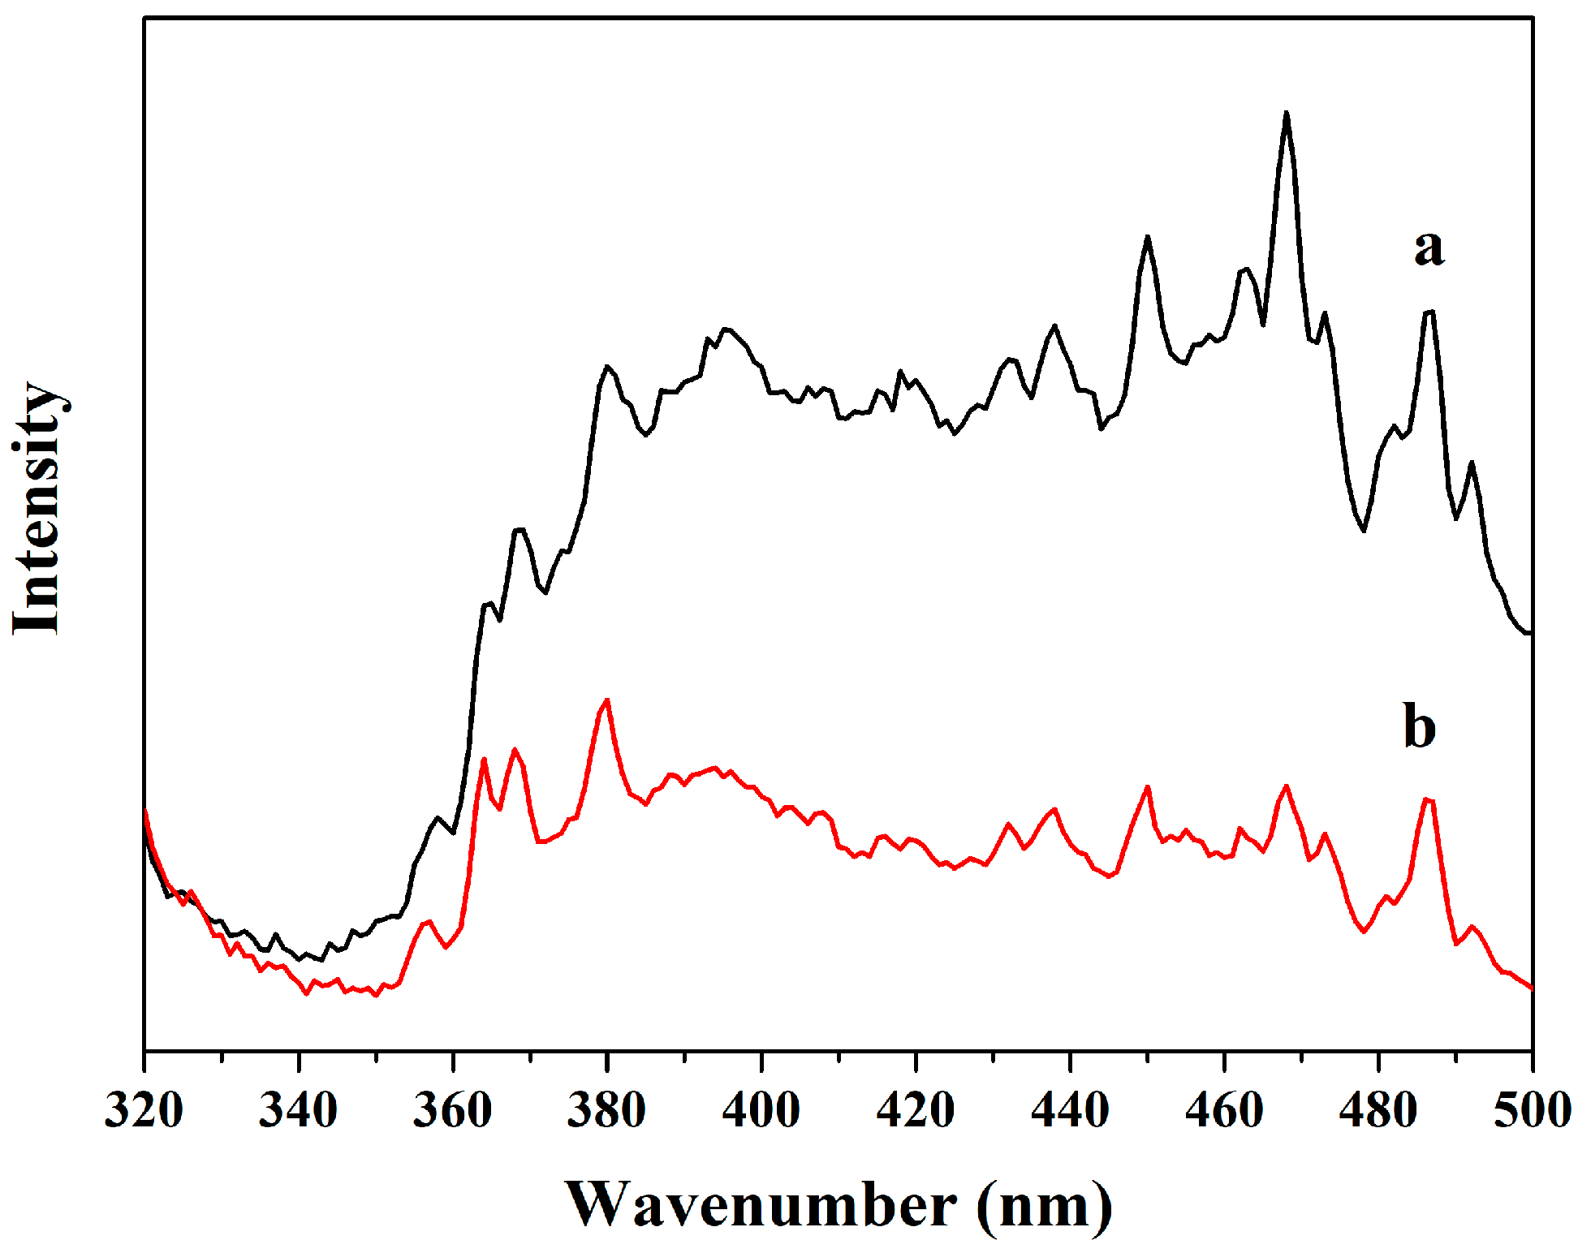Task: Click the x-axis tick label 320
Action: tap(144, 1110)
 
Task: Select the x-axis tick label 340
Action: tap(298, 1110)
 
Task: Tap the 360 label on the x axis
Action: tap(452, 1110)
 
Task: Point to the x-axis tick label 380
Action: tap(606, 1110)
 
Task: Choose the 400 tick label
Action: tap(761, 1110)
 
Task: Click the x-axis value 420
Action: tap(916, 1110)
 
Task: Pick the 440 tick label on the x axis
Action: tap(1070, 1110)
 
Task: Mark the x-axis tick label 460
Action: tap(1224, 1110)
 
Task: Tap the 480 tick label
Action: tap(1378, 1110)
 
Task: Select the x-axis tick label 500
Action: tap(1532, 1110)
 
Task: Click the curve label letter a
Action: tap(1429, 248)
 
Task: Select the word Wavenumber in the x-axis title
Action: tap(761, 1205)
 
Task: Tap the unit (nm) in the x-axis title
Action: tap(1045, 1207)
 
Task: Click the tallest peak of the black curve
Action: tap(1286, 114)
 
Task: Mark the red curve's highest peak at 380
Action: tap(606, 700)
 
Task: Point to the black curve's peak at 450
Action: tap(1147, 237)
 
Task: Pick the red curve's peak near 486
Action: tap(1428, 799)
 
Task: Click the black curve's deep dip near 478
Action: tap(1364, 530)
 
